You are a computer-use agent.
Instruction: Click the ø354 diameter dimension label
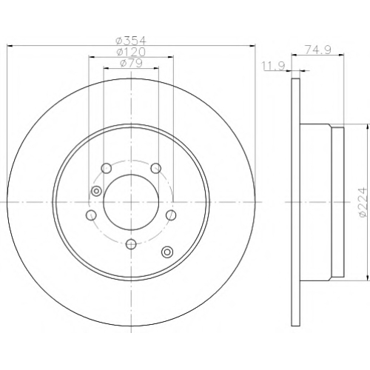pos(131,41)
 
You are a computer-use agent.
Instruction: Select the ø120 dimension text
pos(131,52)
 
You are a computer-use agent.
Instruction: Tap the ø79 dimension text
pos(131,63)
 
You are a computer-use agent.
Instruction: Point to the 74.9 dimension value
pos(317,50)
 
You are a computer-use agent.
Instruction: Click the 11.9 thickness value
pos(274,66)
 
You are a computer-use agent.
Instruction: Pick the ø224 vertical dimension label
pos(362,202)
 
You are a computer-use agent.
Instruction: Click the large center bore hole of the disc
pos(131,202)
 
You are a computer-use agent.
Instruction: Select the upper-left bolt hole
pos(107,169)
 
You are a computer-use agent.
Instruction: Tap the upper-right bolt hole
pos(156,169)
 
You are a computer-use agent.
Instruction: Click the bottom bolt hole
pos(131,244)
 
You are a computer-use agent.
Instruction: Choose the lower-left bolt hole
pos(91,215)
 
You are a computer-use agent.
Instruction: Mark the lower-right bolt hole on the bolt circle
pos(171,215)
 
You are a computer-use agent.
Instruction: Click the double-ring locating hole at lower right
pos(167,252)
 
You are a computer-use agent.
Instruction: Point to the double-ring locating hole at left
pos(96,191)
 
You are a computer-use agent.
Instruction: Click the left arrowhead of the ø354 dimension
pos(10,46)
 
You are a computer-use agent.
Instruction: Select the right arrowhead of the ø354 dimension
pos(252,46)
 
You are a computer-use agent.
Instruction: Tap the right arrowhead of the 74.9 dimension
pos(341,55)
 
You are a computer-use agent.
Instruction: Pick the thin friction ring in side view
pos(296,202)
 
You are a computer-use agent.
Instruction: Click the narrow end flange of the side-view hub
pos(337,202)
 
